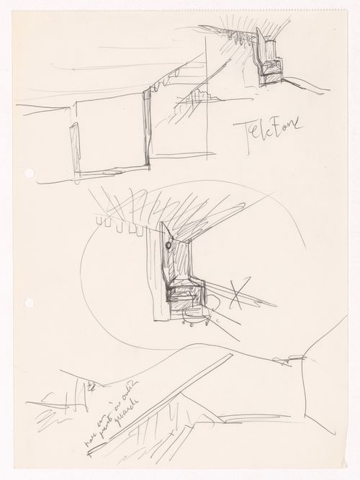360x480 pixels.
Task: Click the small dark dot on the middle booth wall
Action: click(x=168, y=246)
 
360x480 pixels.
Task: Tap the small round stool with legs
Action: click(x=194, y=317)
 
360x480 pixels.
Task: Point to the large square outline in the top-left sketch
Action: click(x=112, y=137)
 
